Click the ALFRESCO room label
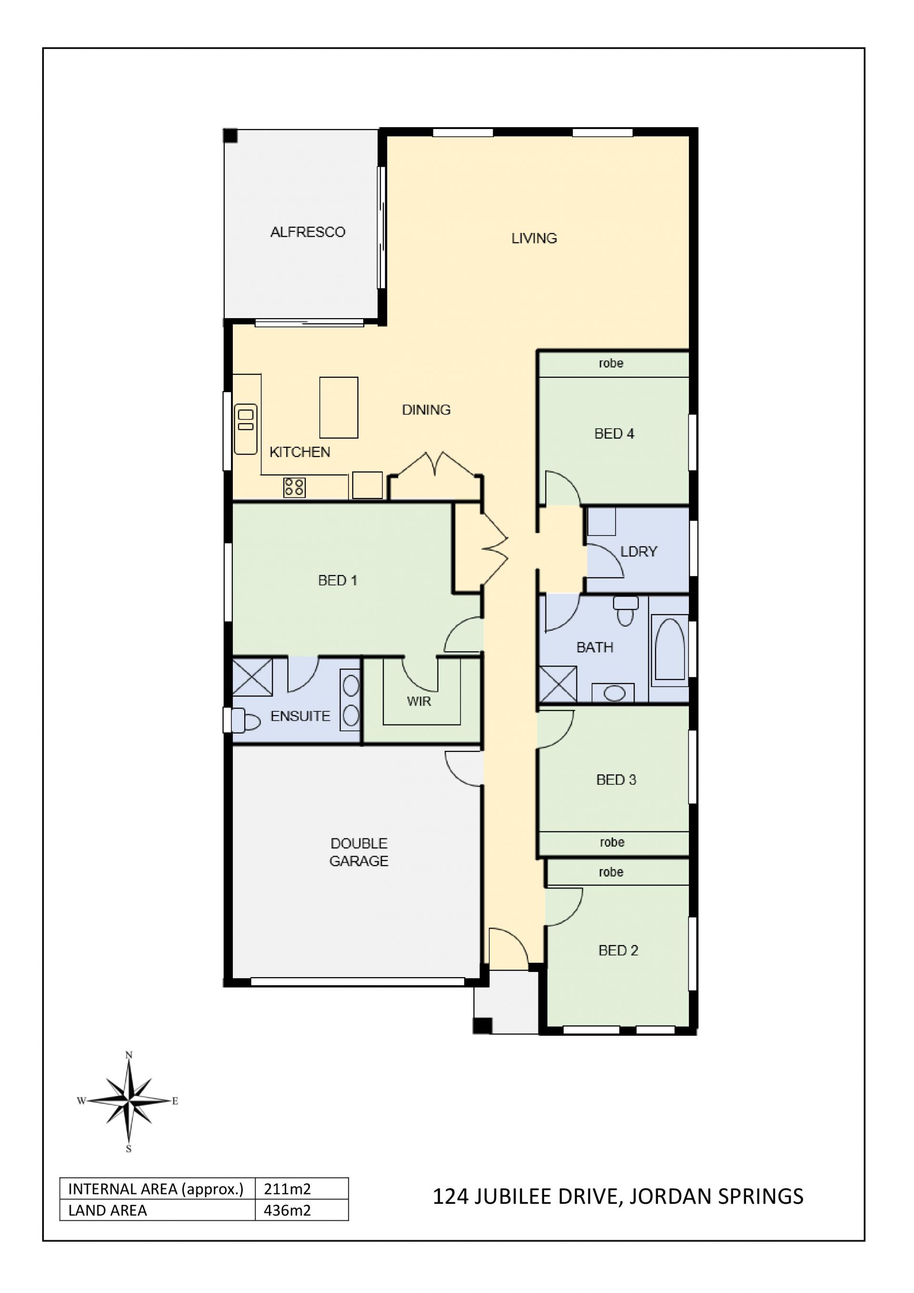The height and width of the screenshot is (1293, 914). pos(308,232)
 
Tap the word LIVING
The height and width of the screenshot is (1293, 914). pos(534,238)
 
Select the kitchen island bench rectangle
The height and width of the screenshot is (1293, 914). pos(339,408)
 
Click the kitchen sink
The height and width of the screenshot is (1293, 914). pos(246,429)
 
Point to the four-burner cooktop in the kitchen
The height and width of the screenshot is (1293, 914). pos(294,487)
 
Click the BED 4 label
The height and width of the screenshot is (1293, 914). pos(614,434)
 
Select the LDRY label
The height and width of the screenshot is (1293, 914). pos(639,551)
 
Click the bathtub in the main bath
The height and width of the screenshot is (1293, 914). pos(670,650)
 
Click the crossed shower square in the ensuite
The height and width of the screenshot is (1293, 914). pos(252,677)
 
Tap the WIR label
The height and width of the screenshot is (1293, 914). pos(419,701)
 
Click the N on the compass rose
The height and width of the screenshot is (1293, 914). pos(129,1055)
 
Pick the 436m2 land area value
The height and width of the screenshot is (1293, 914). pos(287,1210)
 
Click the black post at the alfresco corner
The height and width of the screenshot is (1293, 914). pos(230,136)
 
